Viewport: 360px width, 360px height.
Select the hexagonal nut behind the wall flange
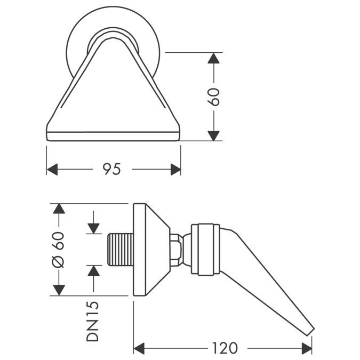coord(175,249)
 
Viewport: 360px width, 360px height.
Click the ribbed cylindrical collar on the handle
coord(205,249)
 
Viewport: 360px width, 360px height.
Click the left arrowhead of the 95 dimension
coord(52,170)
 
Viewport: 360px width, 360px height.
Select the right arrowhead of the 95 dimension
coord(175,170)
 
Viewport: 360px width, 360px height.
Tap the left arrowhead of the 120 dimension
coord(139,348)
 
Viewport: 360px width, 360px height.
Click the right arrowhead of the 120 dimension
coord(307,348)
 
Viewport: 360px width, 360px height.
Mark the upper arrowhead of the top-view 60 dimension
coord(214,58)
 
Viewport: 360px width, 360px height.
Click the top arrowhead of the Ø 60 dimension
coord(59,209)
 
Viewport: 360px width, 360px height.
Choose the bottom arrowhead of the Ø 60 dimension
coord(59,290)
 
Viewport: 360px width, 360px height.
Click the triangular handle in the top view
coord(114,101)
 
